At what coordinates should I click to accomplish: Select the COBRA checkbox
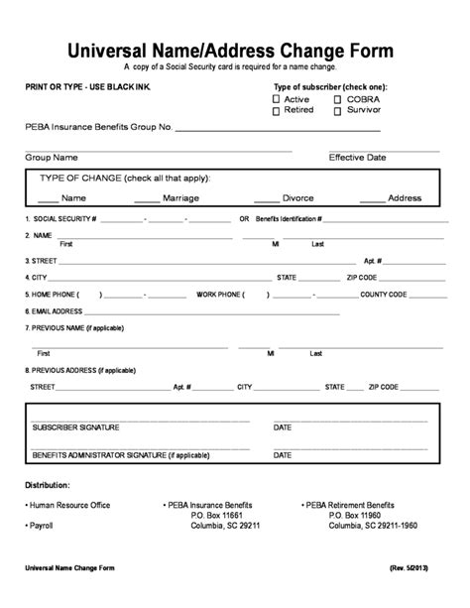(x=337, y=100)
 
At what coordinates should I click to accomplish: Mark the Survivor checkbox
(x=337, y=111)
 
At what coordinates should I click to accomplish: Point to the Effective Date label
(x=357, y=157)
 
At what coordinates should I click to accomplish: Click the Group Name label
(x=52, y=157)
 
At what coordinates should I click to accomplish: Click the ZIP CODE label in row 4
(x=361, y=278)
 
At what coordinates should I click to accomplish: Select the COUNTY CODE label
(x=384, y=295)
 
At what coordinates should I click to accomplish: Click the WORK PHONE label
(x=220, y=295)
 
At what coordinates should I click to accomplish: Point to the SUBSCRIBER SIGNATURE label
(x=75, y=427)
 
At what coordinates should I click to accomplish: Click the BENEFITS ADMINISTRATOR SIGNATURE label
(x=120, y=455)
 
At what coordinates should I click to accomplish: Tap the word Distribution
(x=48, y=486)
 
